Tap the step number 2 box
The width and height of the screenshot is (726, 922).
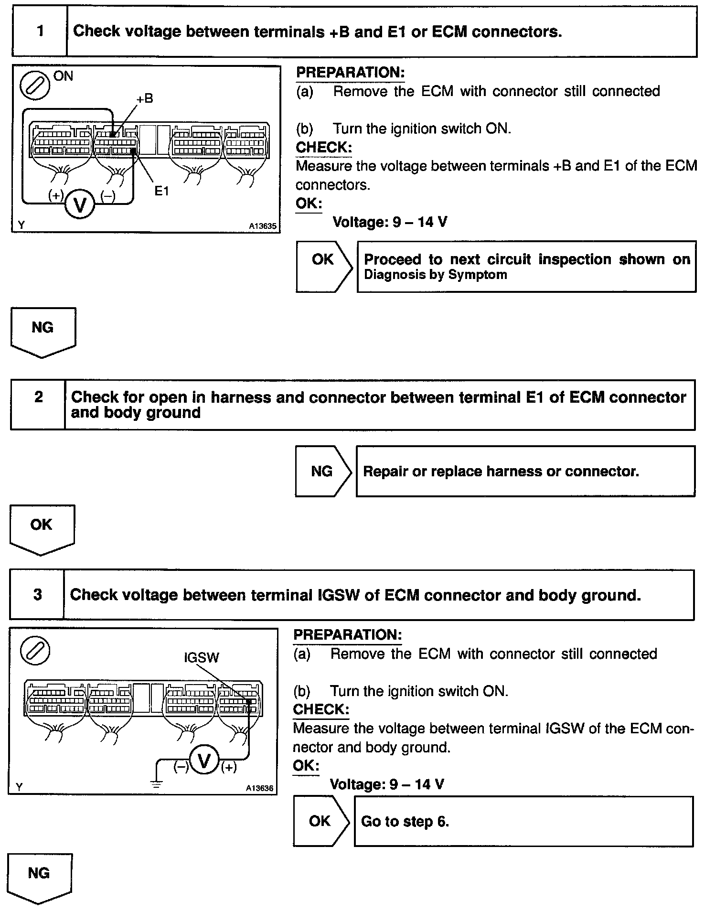38,405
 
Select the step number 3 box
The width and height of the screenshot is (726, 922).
37,595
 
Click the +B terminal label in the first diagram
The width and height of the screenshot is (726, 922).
144,99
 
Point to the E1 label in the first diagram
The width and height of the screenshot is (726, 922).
161,191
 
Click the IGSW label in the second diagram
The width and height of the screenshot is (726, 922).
201,658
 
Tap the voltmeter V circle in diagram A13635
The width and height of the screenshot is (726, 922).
80,205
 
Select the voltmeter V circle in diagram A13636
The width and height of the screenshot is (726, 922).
204,761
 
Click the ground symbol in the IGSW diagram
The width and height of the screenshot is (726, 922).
157,783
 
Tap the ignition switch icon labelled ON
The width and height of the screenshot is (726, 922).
35,86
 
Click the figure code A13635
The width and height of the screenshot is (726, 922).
262,226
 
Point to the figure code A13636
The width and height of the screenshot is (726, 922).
259,788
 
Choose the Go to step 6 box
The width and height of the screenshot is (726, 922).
523,821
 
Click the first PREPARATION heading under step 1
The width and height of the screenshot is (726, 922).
350,73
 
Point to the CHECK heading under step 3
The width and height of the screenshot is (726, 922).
320,709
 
